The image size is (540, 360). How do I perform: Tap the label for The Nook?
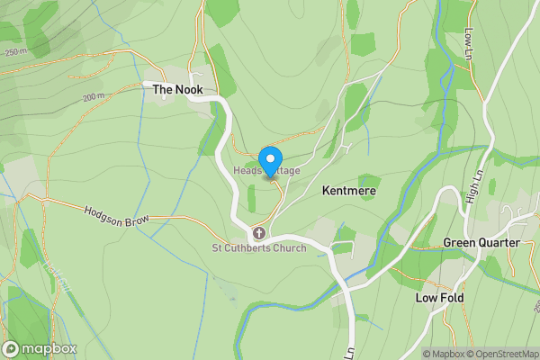tap(177, 90)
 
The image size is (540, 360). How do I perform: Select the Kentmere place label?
tap(348, 192)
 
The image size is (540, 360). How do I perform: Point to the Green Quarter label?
tap(481, 243)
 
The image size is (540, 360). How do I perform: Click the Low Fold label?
tap(438, 297)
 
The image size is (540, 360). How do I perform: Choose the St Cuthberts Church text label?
tap(259, 248)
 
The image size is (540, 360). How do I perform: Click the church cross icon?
tap(258, 233)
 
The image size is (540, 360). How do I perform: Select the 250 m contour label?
tap(15, 52)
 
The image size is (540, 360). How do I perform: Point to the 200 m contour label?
tap(94, 97)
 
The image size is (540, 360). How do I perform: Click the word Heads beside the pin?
tap(247, 171)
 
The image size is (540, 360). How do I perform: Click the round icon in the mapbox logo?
tap(12, 348)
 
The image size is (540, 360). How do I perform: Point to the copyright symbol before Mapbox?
tap(427, 354)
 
